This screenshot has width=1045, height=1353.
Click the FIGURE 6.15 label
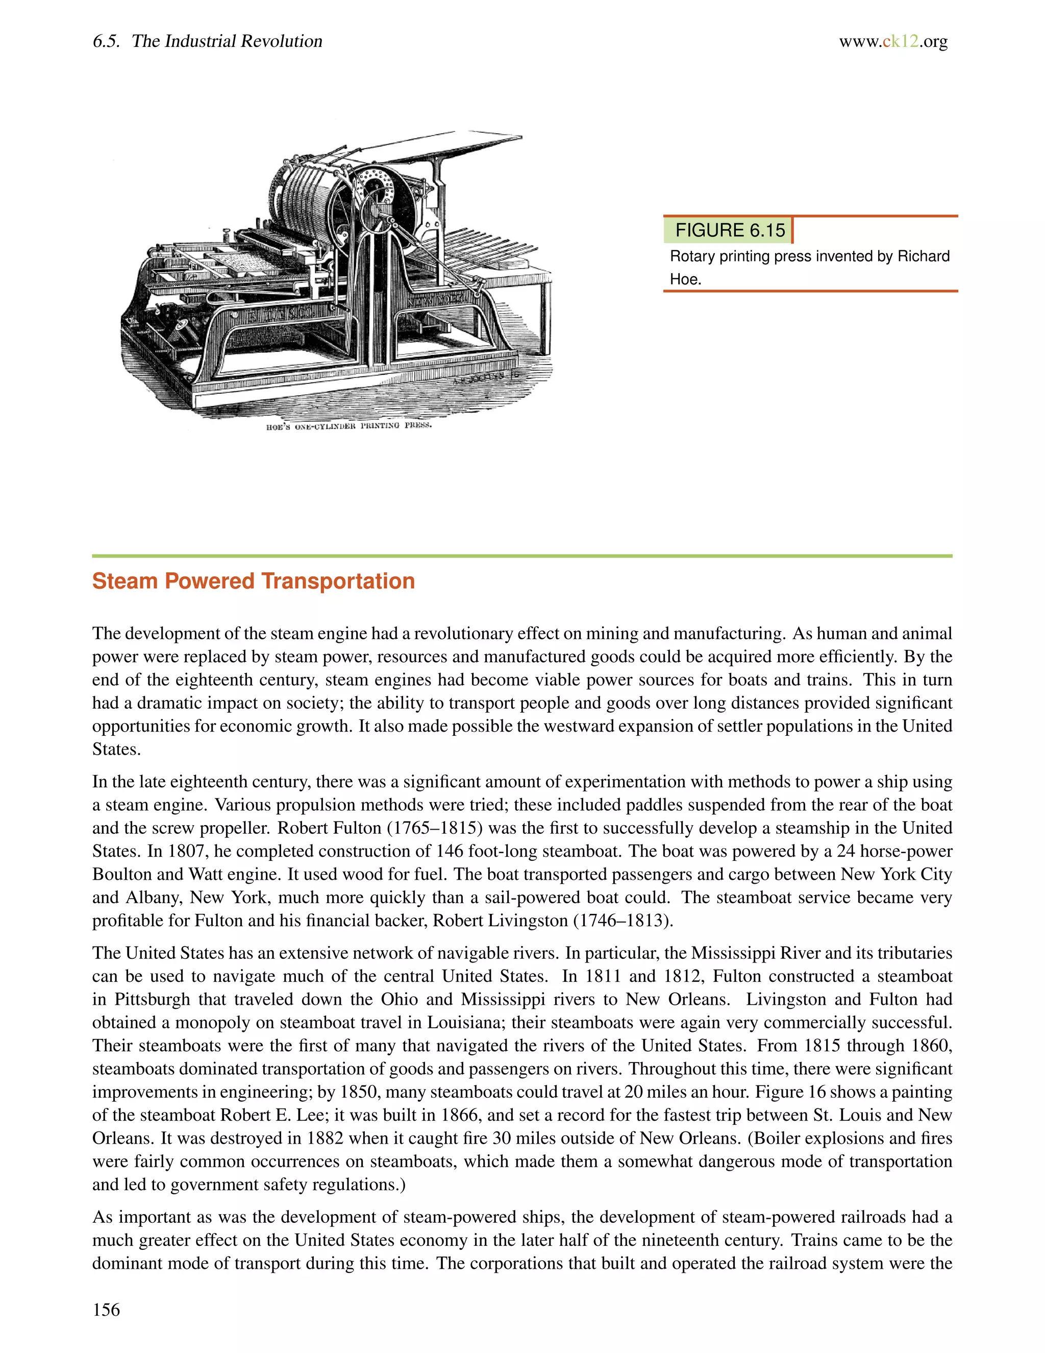[729, 230]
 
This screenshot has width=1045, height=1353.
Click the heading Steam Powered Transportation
[253, 581]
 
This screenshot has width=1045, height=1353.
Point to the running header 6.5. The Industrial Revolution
[207, 41]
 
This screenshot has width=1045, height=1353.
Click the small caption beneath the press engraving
[348, 426]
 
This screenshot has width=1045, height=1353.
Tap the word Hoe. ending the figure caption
[685, 279]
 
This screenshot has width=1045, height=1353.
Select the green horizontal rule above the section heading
[522, 555]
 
